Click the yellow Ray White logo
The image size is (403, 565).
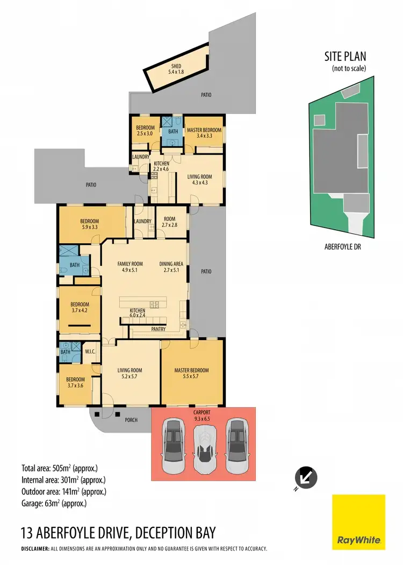pyautogui.click(x=358, y=521)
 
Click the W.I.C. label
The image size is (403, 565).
pyautogui.click(x=90, y=352)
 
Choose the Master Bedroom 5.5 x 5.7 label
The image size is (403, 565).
pyautogui.click(x=191, y=373)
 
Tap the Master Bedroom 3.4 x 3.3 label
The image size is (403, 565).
pyautogui.click(x=203, y=133)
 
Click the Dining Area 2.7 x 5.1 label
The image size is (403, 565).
pyautogui.click(x=171, y=267)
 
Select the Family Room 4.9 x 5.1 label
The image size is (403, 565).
pyautogui.click(x=130, y=267)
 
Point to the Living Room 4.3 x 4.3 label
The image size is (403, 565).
pyautogui.click(x=199, y=180)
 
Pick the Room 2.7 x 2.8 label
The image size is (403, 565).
pyautogui.click(x=170, y=222)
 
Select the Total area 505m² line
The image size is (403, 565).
pyautogui.click(x=59, y=468)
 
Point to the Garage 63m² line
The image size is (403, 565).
pyautogui.click(x=53, y=504)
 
